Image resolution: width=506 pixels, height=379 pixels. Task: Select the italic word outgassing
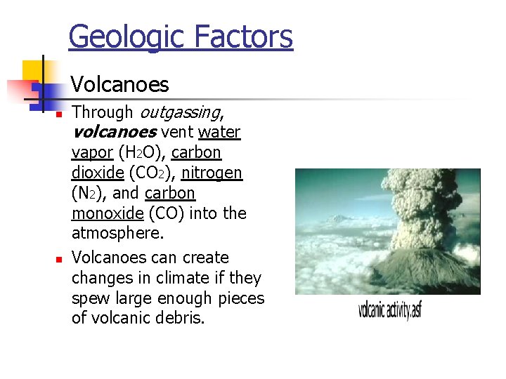[181, 112]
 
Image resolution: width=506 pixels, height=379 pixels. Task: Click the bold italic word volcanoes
[113, 132]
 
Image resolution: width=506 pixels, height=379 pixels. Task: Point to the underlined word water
[219, 132]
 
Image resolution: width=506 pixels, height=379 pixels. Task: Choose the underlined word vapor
[92, 152]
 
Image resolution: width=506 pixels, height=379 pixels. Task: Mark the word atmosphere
[117, 233]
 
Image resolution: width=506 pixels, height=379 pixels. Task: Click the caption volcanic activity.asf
[389, 309]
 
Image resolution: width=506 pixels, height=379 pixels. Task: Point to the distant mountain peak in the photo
[340, 218]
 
